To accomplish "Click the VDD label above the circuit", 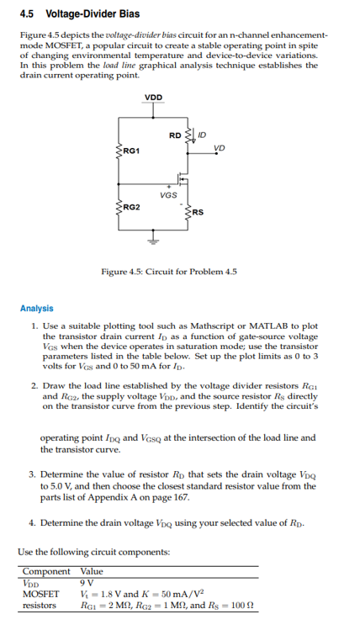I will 154,98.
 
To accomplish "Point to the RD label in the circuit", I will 174,135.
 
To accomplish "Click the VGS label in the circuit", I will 168,194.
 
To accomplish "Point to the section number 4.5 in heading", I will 27,14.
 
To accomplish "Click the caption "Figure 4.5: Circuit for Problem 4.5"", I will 168,273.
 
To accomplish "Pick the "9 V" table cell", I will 87,581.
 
